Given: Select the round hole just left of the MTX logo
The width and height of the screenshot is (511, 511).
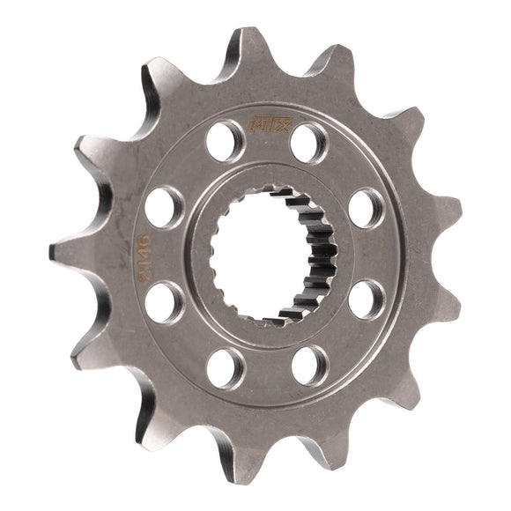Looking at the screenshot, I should pos(226,137).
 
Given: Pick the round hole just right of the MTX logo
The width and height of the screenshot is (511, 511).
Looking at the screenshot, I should pos(307,141).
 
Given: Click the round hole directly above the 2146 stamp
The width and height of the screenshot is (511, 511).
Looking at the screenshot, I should pos(165,206).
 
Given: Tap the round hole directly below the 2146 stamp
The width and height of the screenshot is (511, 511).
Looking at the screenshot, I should pos(164,302).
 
